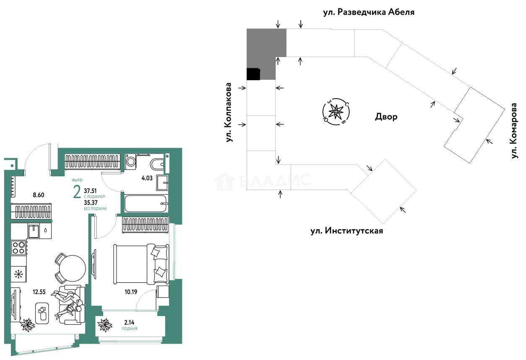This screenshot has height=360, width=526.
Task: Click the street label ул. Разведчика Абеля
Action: click(x=368, y=12)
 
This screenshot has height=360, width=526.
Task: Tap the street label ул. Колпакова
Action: click(x=229, y=112)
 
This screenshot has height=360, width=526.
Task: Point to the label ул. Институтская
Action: click(x=346, y=231)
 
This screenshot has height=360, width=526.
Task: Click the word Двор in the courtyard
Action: click(x=386, y=117)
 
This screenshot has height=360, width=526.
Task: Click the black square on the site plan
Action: click(x=253, y=74)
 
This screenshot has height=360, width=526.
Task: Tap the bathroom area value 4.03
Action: click(x=146, y=178)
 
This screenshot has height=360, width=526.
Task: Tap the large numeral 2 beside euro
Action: click(x=77, y=193)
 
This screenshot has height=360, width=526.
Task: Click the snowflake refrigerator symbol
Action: click(x=18, y=275)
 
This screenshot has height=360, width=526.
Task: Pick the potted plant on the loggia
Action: click(x=104, y=324)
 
